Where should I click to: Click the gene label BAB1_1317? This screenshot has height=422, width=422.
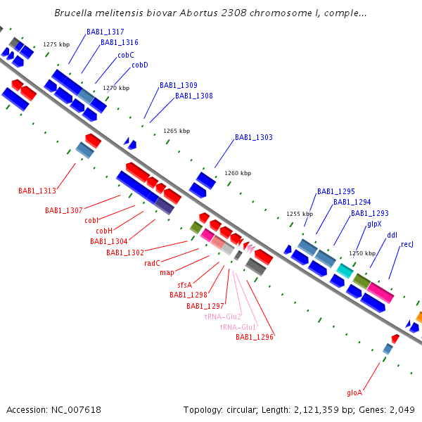click(105, 32)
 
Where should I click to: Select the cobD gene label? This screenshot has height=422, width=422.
click(140, 65)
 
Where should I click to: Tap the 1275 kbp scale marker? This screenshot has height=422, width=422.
click(56, 44)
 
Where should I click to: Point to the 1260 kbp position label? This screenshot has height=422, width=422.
click(238, 173)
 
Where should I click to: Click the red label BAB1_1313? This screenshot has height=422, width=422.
click(37, 191)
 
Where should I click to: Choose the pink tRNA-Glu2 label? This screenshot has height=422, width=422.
click(223, 316)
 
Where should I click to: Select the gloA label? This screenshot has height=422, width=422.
click(354, 392)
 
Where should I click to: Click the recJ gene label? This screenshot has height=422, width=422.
click(407, 245)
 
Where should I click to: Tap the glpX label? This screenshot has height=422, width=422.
click(374, 224)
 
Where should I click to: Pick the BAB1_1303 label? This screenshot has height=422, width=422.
click(254, 138)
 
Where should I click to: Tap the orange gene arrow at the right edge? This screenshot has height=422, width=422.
click(418, 318)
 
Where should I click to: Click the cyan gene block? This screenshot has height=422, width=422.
click(345, 271)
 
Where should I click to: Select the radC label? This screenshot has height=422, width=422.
click(153, 263)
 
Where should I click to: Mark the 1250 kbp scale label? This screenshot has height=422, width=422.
click(362, 253)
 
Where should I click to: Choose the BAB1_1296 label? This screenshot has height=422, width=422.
click(255, 338)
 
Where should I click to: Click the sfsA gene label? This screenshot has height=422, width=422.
click(185, 285)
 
